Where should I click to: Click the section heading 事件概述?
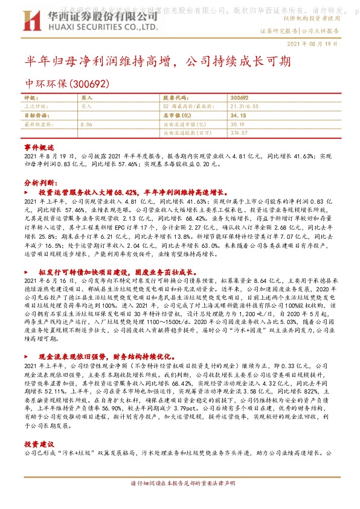39,148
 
